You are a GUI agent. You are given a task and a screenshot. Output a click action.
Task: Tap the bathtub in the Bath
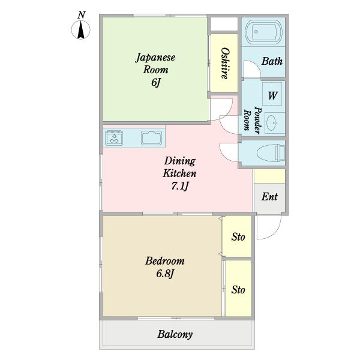tap(263, 31)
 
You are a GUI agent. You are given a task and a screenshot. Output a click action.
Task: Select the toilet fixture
tap(271, 152)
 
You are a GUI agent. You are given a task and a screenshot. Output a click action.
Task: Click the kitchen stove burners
tap(114, 138)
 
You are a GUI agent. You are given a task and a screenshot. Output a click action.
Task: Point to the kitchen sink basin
tap(151, 138)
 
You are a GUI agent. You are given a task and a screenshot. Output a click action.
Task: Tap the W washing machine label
tap(273, 95)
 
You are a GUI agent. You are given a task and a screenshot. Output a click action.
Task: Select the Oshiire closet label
tap(225, 64)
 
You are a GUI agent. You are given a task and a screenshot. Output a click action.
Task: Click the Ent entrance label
tap(269, 197)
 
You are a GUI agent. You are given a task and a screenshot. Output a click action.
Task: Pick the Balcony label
tap(175, 334)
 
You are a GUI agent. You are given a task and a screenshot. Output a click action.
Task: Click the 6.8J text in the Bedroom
tap(165, 274)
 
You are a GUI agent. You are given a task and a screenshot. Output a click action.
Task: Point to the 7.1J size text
tap(180, 186)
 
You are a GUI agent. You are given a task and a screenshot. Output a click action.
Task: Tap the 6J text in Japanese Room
tap(155, 82)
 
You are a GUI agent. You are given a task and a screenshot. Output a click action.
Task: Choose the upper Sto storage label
tap(238, 237)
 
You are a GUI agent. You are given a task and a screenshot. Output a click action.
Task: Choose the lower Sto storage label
tap(238, 290)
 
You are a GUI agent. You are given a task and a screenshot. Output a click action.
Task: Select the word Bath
tap(272, 61)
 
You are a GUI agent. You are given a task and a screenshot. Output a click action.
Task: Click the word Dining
tap(180, 161)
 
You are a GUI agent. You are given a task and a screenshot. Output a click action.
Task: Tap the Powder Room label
tap(253, 121)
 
